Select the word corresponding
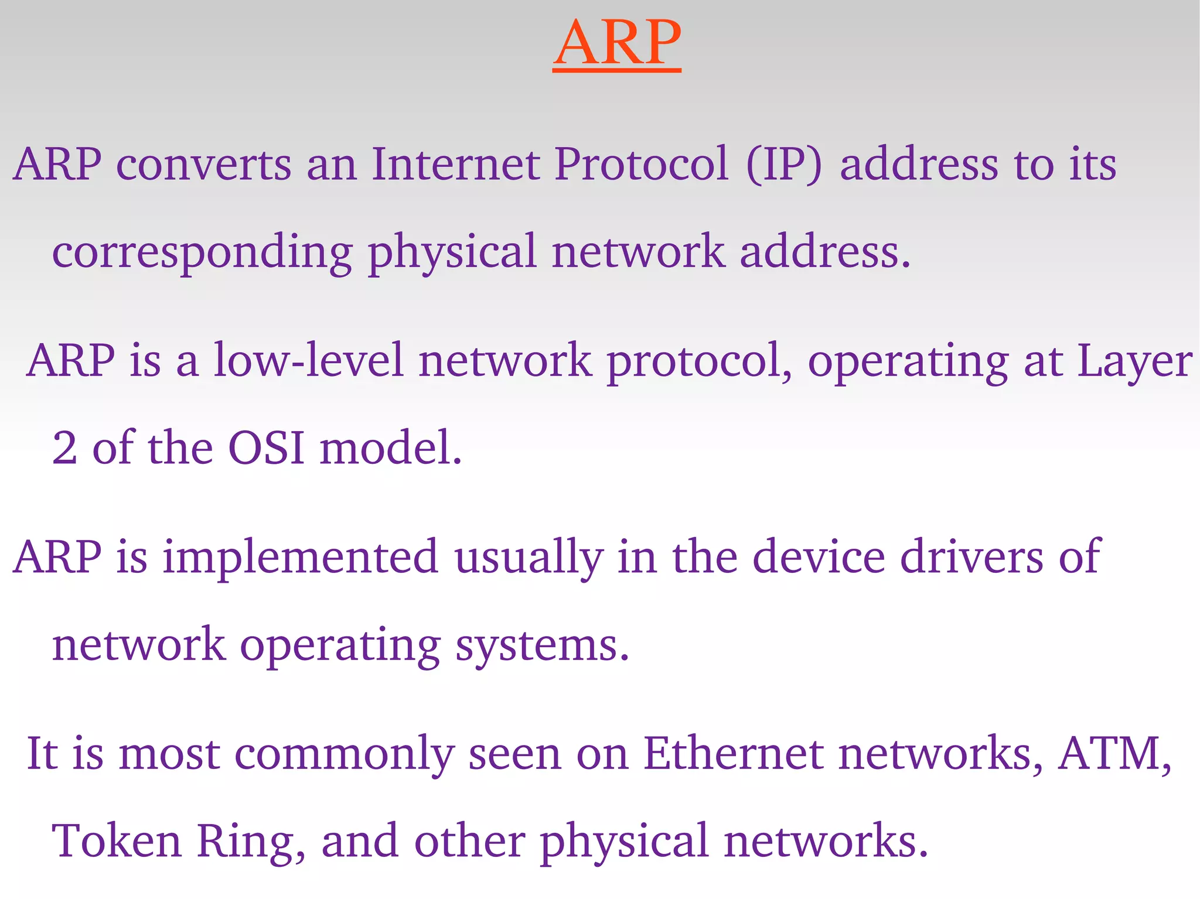(202, 252)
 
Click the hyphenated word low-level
(308, 360)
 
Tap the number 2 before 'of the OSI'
(64, 448)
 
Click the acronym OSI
(267, 448)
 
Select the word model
(391, 448)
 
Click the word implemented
(300, 558)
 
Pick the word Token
(117, 841)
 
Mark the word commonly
(345, 754)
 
